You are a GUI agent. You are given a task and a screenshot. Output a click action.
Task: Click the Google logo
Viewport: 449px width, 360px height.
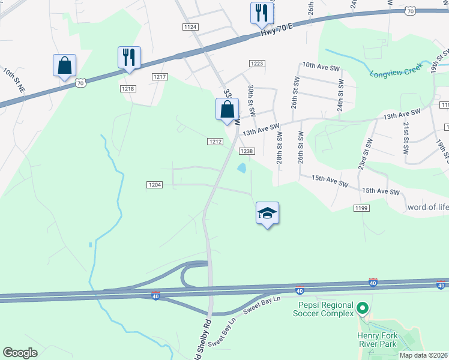point(20,353)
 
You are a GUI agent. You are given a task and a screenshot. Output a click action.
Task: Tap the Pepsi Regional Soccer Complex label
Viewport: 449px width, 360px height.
point(325,309)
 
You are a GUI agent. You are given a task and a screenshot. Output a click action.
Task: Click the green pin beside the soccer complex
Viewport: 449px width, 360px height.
point(362,310)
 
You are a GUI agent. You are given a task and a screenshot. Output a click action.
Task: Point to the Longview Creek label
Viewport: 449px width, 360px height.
point(394,75)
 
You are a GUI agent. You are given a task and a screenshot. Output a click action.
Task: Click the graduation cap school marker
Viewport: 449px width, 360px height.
point(268,214)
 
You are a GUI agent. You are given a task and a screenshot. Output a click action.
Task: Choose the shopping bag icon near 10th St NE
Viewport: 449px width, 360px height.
point(64,65)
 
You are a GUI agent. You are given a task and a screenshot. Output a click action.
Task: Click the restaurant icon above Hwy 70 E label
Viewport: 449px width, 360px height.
point(261,13)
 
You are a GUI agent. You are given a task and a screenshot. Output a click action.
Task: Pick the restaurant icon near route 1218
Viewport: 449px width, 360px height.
point(129,58)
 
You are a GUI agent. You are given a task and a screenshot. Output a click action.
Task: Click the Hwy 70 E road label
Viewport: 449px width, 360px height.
point(277,29)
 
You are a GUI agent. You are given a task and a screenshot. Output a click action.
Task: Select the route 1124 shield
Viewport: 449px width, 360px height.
point(191,27)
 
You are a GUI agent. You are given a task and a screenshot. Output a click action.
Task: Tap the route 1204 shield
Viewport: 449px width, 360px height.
point(154,185)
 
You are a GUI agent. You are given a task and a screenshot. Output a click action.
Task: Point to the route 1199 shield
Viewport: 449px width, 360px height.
point(361,208)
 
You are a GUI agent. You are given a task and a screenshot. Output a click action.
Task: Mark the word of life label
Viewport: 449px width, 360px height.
point(427,208)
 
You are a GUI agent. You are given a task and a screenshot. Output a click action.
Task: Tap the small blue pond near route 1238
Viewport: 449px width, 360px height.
point(241,168)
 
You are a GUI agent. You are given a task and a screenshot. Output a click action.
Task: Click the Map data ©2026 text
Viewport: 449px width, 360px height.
point(424,355)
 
